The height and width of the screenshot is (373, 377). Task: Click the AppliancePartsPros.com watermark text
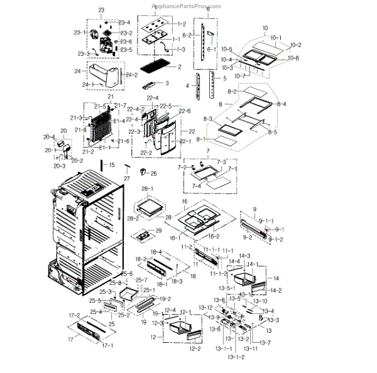pos(188,4)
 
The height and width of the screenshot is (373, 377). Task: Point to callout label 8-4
pos(281,104)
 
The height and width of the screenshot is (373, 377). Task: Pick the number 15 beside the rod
pos(111,165)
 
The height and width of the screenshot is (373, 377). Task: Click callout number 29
pos(158,230)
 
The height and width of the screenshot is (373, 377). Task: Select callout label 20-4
pos(49,136)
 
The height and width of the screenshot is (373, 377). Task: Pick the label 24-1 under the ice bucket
pos(89,84)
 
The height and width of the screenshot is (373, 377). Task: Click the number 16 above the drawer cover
pos(185,202)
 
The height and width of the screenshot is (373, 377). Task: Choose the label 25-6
pos(127,274)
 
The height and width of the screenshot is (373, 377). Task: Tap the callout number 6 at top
pos(208,10)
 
